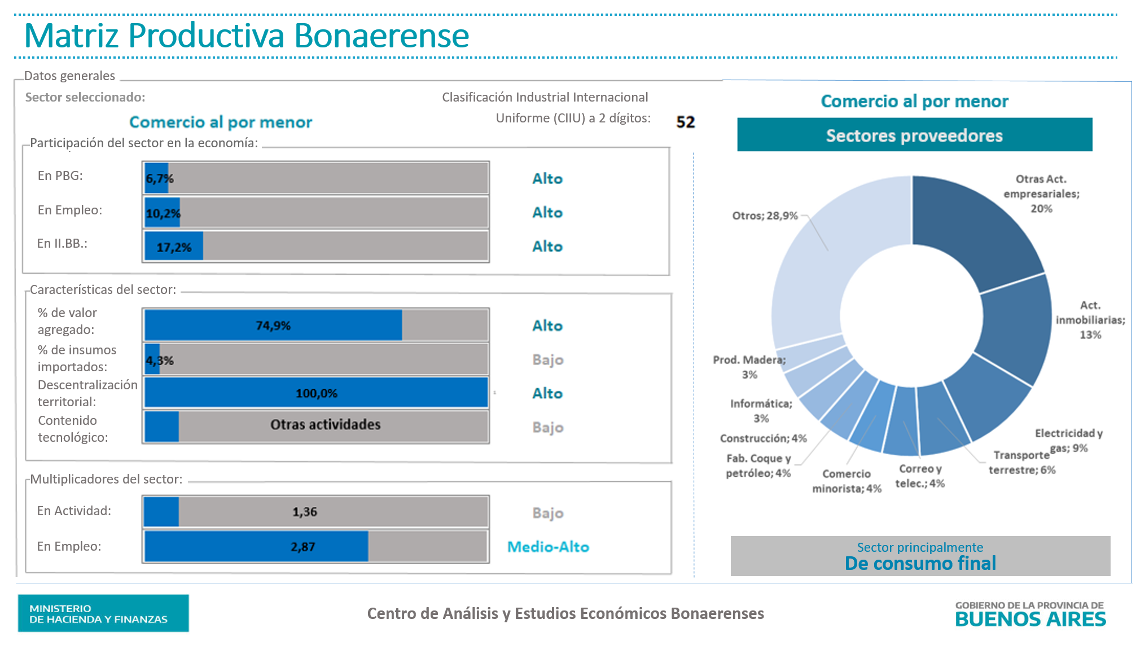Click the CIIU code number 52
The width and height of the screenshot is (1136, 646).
point(685,122)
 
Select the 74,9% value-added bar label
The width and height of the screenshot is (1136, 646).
point(273,326)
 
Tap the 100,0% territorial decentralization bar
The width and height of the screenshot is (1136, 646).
point(316,393)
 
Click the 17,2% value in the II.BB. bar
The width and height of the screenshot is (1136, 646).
point(174,247)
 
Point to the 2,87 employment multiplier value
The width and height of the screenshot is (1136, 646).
point(303,547)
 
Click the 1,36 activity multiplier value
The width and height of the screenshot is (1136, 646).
point(305,512)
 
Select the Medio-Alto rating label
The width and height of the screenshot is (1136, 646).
point(548,547)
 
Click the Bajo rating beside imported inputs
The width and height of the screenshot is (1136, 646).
point(547,359)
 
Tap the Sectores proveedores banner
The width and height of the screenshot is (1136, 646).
point(914,135)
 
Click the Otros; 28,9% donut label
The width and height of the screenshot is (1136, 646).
point(765,216)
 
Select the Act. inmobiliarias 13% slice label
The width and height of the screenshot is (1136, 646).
point(1090,320)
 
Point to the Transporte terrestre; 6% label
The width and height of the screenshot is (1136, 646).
point(1021,463)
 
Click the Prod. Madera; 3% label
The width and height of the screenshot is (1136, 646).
point(749,367)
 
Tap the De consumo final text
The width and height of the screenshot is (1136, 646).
point(920,563)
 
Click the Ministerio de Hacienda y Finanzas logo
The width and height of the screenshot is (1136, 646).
point(103,613)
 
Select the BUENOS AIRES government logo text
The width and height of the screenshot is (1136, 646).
point(1030,619)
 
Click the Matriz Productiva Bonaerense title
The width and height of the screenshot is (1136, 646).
point(247,36)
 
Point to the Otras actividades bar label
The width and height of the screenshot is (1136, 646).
point(325,424)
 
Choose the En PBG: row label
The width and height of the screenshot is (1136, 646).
point(60,176)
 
